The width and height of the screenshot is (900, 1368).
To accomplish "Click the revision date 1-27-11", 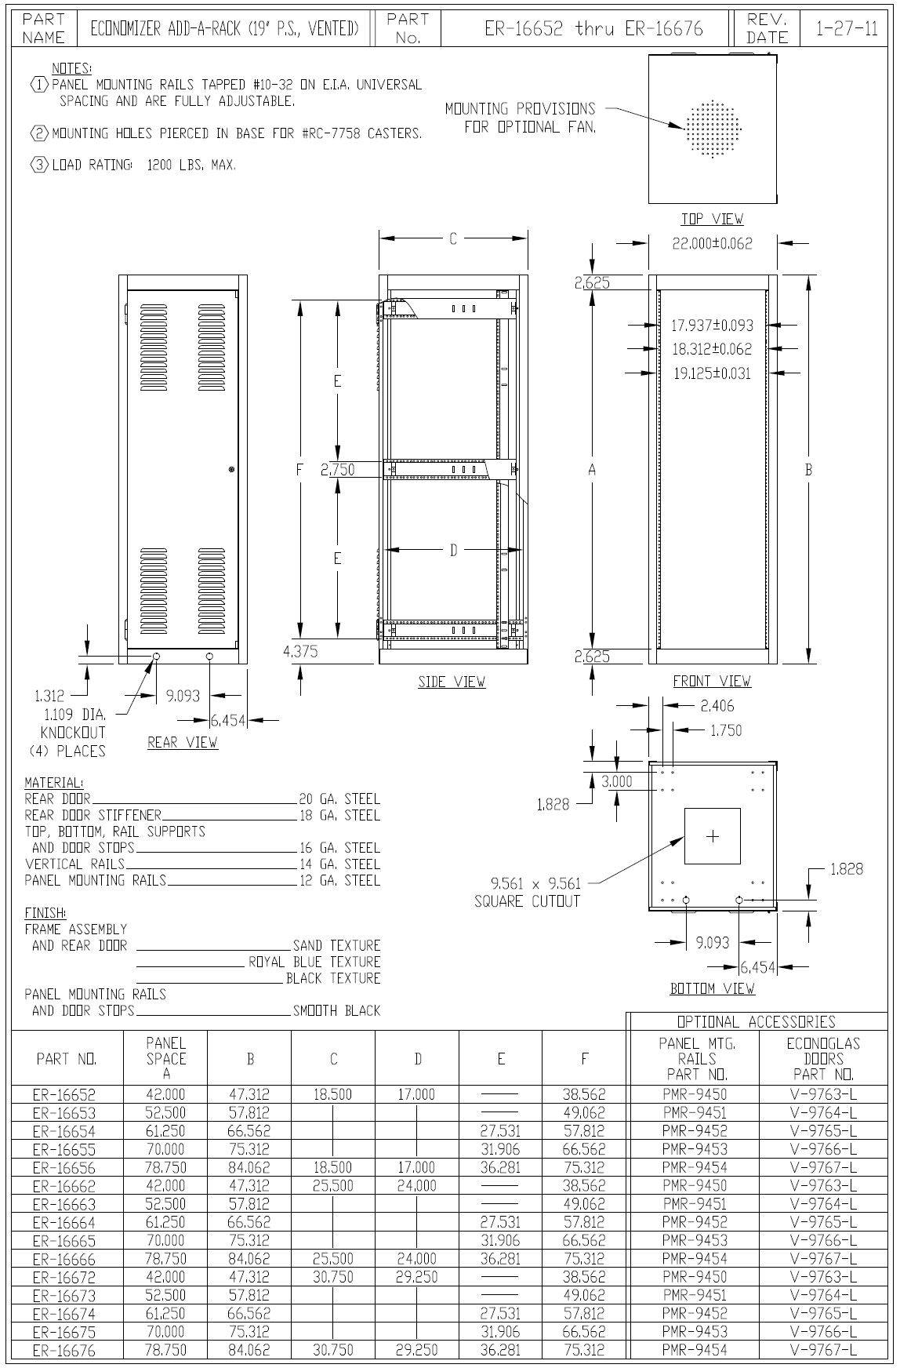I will coord(847,29).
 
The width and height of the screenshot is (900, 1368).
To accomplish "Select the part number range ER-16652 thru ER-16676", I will coord(593,29).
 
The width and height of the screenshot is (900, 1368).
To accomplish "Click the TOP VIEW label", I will coord(712,219).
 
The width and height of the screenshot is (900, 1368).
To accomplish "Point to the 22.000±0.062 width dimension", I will coord(712,244).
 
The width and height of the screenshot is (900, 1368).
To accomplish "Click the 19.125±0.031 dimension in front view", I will coord(712,373).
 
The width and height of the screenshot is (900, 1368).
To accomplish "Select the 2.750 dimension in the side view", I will coord(338,470).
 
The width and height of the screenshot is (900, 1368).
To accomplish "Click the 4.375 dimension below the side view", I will coord(300,651).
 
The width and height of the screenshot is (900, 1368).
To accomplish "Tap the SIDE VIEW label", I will coord(452,682).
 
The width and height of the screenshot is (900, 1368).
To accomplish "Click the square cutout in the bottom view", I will coord(712,836).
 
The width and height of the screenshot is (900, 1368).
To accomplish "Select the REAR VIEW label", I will coord(183,742).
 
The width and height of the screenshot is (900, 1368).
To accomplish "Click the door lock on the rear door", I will coord(232,469).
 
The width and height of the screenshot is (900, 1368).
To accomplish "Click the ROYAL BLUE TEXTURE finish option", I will coord(314,962).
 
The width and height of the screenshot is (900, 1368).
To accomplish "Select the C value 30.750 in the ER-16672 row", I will coord(333,1277).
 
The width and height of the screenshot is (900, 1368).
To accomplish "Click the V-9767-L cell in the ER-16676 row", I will coord(823,1350).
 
